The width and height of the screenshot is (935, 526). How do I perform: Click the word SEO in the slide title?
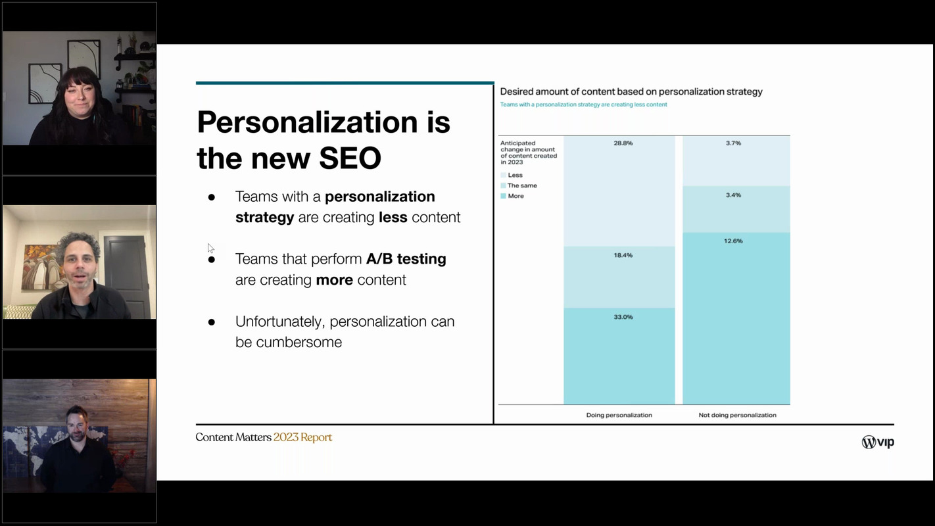pyautogui.click(x=350, y=158)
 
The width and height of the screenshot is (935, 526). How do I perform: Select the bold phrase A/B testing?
pyautogui.click(x=406, y=259)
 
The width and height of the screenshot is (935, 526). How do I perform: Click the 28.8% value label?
pyautogui.click(x=623, y=143)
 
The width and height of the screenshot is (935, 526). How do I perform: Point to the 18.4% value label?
pyautogui.click(x=623, y=255)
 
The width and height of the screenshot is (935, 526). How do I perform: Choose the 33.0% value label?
pyautogui.click(x=623, y=317)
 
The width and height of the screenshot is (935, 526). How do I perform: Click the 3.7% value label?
pyautogui.click(x=733, y=143)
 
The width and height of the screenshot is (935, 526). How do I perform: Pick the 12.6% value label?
pyautogui.click(x=733, y=241)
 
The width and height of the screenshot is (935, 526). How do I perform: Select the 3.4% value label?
pyautogui.click(x=733, y=195)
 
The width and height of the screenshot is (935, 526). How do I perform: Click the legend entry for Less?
pyautogui.click(x=515, y=176)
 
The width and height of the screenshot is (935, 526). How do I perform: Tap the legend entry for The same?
pyautogui.click(x=521, y=186)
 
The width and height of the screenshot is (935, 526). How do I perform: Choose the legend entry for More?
pyautogui.click(x=515, y=197)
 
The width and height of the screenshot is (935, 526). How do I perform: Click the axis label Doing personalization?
pyautogui.click(x=619, y=416)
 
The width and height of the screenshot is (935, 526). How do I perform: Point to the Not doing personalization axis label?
pyautogui.click(x=737, y=416)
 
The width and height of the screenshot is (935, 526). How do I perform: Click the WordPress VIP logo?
pyautogui.click(x=877, y=442)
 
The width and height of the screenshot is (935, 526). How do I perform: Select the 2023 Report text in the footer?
pyautogui.click(x=302, y=438)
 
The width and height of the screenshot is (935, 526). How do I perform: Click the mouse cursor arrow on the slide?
pyautogui.click(x=210, y=248)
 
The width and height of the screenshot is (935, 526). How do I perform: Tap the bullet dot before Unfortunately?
pyautogui.click(x=212, y=322)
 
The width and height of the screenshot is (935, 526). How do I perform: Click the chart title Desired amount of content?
pyautogui.click(x=631, y=92)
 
